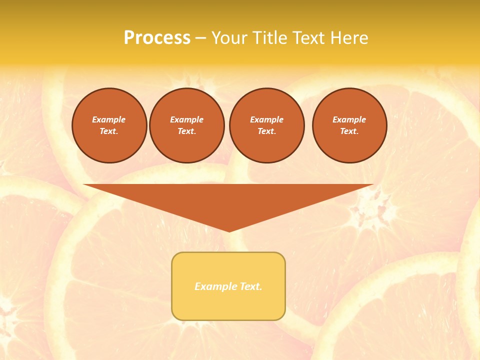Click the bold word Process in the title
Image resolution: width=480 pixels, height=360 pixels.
point(157,38)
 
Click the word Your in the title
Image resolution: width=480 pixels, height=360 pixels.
point(229,38)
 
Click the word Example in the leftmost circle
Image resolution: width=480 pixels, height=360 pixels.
point(109,119)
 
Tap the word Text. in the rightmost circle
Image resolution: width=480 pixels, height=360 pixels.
point(349,131)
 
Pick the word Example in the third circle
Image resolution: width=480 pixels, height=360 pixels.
point(267,119)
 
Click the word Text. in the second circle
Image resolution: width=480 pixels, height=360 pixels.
point(187,131)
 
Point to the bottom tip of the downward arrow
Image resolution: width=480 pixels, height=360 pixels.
point(229,230)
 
